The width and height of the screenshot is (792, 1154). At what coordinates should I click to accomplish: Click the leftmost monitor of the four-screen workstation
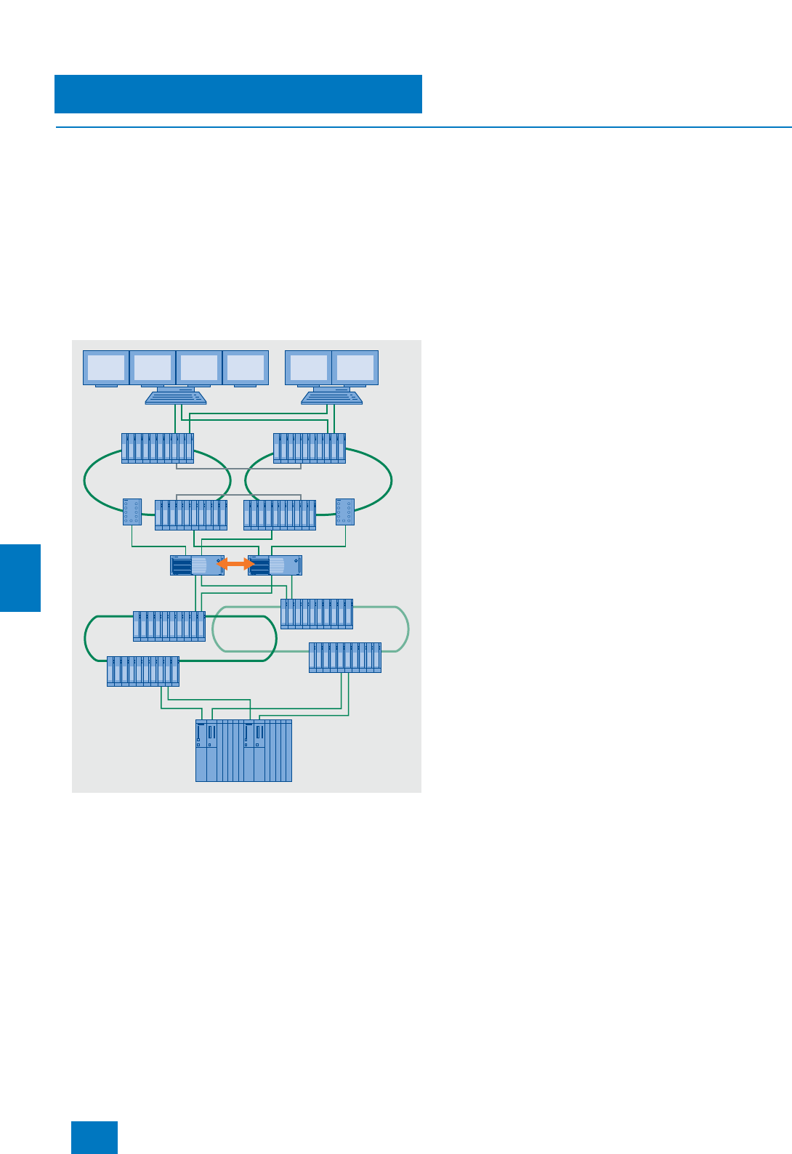coord(106,368)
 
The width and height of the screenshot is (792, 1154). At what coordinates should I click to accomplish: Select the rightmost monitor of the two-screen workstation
coord(355,368)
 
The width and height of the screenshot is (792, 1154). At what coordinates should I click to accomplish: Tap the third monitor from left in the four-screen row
coord(199,368)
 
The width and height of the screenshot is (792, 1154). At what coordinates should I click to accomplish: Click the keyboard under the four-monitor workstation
coord(176,397)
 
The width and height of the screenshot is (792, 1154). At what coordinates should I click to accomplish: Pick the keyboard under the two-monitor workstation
coord(332,397)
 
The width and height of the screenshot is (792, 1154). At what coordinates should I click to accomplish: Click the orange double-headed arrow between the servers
coord(235,564)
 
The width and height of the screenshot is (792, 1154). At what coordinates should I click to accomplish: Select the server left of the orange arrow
coord(196,565)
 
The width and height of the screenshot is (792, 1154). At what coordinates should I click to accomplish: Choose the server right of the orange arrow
coord(275,565)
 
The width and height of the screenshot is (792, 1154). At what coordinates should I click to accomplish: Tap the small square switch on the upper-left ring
coord(132,512)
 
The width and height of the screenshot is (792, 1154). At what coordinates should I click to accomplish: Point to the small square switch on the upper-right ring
coord(345,512)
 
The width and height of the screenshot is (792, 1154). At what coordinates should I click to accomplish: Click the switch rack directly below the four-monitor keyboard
coord(158,448)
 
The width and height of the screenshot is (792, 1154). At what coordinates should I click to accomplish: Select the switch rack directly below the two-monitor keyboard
coord(310,448)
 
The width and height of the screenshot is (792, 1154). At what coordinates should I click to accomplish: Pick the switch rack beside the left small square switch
coord(191,515)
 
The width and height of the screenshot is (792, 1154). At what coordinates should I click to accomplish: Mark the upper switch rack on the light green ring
coord(317,614)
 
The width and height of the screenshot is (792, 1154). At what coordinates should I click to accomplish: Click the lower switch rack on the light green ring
coord(345,658)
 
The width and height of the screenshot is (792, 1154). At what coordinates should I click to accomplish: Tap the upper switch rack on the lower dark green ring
coord(169,626)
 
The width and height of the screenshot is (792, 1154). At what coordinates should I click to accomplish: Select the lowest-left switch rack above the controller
coord(143,671)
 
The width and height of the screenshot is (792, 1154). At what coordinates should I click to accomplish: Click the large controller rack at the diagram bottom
coord(243,751)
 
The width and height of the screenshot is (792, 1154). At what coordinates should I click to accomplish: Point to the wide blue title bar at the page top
coord(238,94)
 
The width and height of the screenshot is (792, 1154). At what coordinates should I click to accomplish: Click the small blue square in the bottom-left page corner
coord(94,1137)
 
